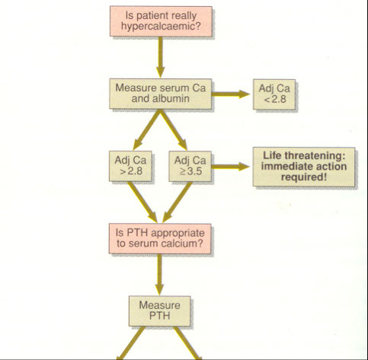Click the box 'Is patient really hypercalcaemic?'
tap(161, 21)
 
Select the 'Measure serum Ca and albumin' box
tap(161, 94)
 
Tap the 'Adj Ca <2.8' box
tap(274, 94)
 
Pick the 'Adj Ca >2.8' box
tap(130, 166)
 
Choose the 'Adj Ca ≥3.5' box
tap(190, 166)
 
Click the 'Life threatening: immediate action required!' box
tap(304, 167)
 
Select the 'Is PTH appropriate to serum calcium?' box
tap(160, 238)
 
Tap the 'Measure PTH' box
tap(160, 311)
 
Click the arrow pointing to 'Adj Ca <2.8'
tap(231, 94)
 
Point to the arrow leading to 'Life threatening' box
tap(231, 167)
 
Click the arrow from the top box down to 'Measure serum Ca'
tap(161, 57)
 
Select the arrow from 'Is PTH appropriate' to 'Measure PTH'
tap(159, 275)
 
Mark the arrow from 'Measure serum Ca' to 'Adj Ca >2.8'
tap(146, 129)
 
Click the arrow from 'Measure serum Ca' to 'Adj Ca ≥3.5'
tap(174, 129)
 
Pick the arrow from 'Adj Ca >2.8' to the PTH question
tap(142, 202)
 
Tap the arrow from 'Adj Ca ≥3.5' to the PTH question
tap(178, 202)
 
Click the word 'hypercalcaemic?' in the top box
tap(161, 27)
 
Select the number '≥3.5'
tap(190, 171)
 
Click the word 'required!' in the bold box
tap(304, 177)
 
